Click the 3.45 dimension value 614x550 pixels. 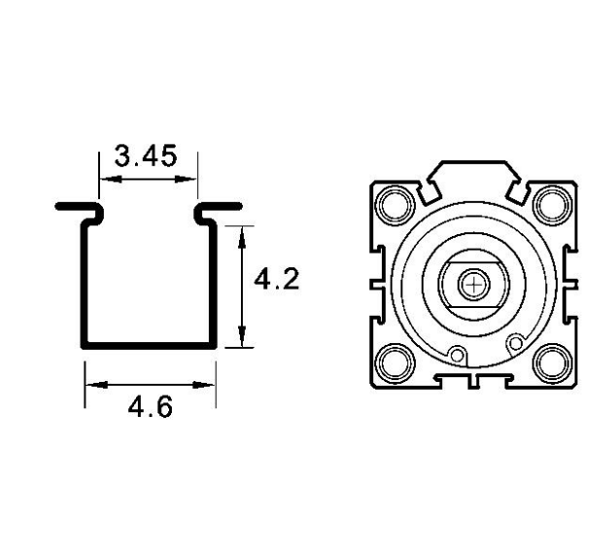point(146,155)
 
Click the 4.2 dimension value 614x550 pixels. point(277,279)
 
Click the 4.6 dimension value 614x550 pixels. point(150,406)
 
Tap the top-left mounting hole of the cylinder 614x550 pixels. point(394,205)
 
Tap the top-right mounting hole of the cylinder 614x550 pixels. point(553,204)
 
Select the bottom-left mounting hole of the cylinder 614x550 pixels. point(394,363)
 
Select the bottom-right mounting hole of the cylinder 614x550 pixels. point(553,363)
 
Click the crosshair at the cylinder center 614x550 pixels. point(474,285)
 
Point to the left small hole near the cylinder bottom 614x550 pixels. point(457,355)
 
